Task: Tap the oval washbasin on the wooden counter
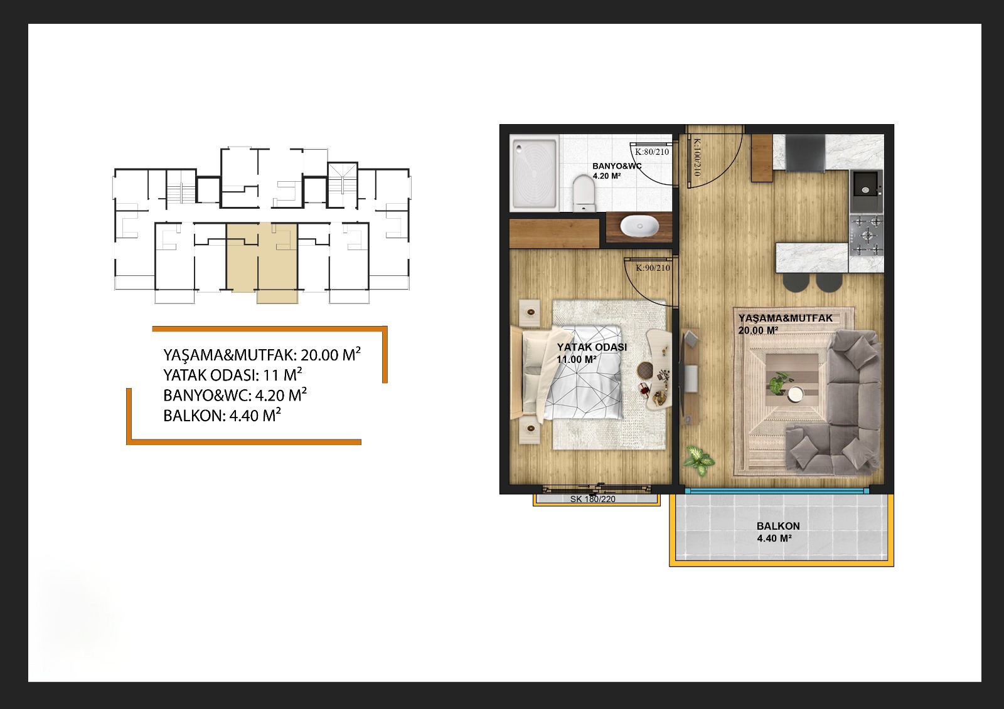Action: point(639,226)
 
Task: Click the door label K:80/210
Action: point(652,152)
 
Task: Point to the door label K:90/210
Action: point(653,268)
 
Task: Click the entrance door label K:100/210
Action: point(697,157)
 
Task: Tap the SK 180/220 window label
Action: point(592,499)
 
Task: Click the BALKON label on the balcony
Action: point(778,526)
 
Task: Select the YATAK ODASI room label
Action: point(592,347)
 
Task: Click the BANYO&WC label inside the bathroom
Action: point(617,166)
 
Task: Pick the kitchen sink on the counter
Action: point(867,190)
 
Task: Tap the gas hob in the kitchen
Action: point(867,236)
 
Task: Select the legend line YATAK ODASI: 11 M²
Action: point(233,374)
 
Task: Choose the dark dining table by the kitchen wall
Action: point(806,153)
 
